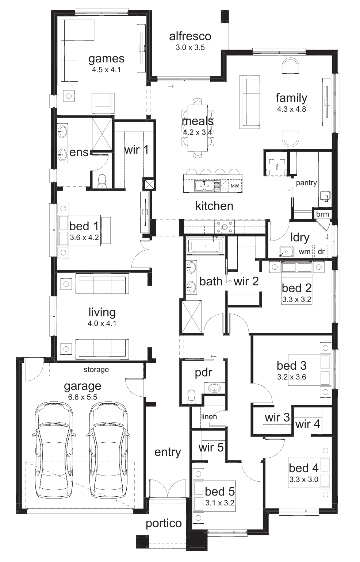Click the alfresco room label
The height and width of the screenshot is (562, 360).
point(190,36)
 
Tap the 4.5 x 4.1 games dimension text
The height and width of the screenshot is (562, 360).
point(106,70)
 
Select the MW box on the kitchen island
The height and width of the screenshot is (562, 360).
point(235,186)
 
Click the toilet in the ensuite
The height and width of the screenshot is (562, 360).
point(102,181)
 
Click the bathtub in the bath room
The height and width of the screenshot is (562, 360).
point(205,246)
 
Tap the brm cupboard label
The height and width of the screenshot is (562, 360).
point(322,214)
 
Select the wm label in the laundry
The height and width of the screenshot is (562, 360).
point(305,252)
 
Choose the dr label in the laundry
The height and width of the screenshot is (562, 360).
point(321,252)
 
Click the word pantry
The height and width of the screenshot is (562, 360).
point(306,183)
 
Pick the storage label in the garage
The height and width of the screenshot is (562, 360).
point(96,370)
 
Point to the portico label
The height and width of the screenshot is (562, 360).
point(164,523)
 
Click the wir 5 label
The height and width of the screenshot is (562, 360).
point(211,447)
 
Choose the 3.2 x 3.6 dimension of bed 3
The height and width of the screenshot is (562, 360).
point(291,377)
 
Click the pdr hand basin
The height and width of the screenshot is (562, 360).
point(215,388)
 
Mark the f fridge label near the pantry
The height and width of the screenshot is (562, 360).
point(277,167)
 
